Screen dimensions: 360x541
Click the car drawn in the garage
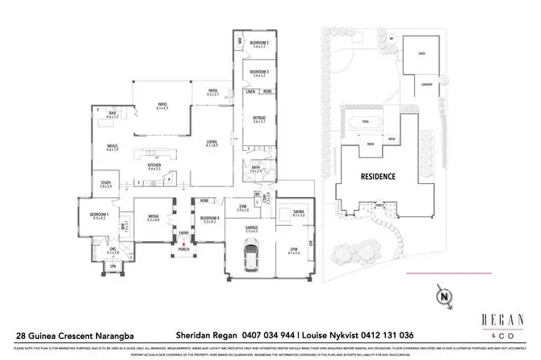(251, 259)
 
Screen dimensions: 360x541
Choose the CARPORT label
(426, 84)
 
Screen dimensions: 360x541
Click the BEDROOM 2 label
(258, 43)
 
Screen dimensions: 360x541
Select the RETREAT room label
(258, 119)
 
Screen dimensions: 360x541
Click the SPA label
(113, 266)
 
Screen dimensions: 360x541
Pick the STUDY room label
(106, 183)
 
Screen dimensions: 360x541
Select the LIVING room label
(212, 143)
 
